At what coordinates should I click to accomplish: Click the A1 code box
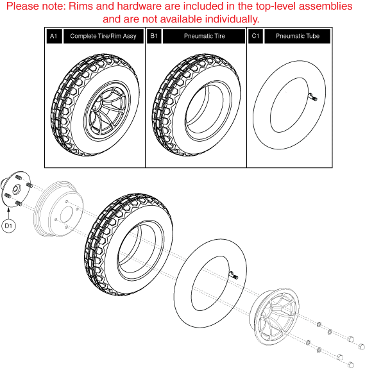click(53, 37)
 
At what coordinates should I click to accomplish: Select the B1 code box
click(154, 37)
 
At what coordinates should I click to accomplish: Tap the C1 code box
click(254, 37)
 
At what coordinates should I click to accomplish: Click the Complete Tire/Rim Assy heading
click(103, 37)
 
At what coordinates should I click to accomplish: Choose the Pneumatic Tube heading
click(297, 37)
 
